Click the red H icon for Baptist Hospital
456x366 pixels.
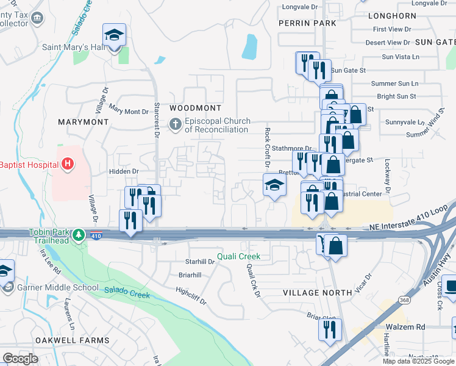tap(67, 164)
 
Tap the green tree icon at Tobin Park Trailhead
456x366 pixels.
tap(78, 234)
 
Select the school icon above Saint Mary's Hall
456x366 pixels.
tap(114, 36)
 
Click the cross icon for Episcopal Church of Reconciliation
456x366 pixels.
tap(176, 125)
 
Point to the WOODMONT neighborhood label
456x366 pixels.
tap(195, 108)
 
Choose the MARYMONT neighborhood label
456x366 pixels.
tap(83, 122)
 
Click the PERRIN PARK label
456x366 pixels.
tap(307, 23)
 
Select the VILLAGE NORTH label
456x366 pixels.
tap(318, 293)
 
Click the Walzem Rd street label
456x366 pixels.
tap(405, 327)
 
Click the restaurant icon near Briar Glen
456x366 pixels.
tap(330, 329)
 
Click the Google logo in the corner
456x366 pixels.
tap(20, 358)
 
